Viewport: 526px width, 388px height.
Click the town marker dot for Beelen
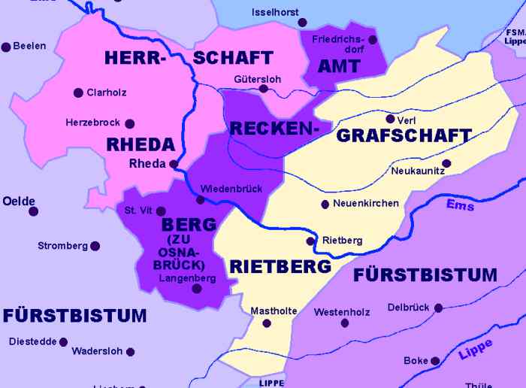tap(6, 47)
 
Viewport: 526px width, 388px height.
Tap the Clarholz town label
tap(106, 92)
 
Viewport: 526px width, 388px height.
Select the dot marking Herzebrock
tap(129, 123)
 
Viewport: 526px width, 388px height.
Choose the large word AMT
tap(339, 66)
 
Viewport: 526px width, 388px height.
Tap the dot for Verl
tap(389, 118)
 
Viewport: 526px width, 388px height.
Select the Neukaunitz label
tap(418, 171)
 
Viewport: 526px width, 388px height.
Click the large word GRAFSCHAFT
tap(404, 136)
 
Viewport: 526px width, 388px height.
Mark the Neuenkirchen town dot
tap(325, 204)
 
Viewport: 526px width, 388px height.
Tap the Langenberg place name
tap(187, 278)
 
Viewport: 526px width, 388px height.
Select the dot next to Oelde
tap(33, 211)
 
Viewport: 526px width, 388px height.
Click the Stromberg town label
tap(62, 246)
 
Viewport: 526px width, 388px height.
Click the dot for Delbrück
tap(438, 307)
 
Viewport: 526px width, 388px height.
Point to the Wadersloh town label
tap(95, 351)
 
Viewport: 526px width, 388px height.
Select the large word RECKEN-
tap(270, 129)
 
